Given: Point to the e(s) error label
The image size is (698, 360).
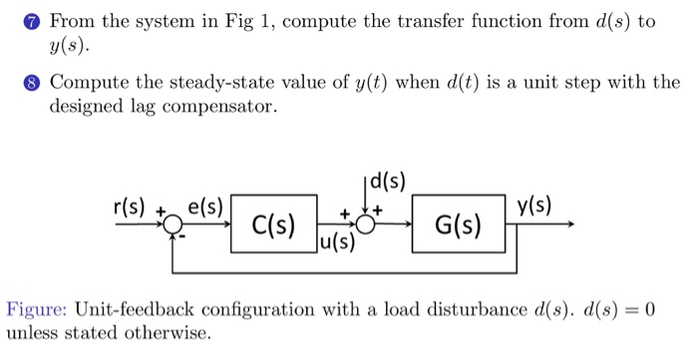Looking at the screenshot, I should [207, 208].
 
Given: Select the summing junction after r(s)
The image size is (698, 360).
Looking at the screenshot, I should [173, 226].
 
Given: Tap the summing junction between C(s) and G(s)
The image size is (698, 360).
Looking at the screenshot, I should [366, 225].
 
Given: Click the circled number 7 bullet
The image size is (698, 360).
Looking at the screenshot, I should [34, 20].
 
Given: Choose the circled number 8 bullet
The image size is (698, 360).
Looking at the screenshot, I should [34, 84].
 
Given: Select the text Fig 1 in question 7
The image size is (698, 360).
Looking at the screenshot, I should [246, 20].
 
